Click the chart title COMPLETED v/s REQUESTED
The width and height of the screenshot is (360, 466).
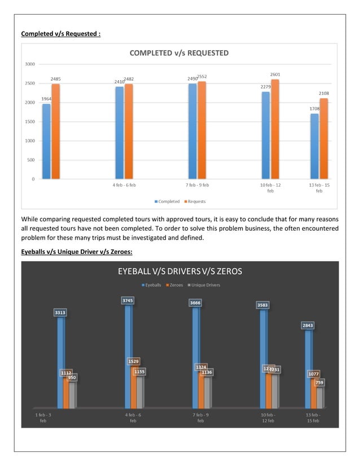tap(179, 53)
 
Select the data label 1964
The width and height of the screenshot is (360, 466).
tap(46, 99)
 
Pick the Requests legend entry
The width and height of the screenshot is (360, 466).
tap(195, 201)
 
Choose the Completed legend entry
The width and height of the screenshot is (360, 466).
tap(166, 201)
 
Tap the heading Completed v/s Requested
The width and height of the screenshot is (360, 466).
tap(60, 34)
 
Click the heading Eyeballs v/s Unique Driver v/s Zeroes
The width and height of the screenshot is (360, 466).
tap(76, 252)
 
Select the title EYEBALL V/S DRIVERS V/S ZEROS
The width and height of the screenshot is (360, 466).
tap(179, 271)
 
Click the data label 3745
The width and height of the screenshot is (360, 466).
tap(128, 301)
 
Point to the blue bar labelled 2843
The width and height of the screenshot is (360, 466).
tap(308, 369)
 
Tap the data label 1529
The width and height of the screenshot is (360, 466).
tap(134, 361)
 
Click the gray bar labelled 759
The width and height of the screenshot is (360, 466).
tap(320, 397)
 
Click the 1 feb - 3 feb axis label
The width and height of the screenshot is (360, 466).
tap(43, 417)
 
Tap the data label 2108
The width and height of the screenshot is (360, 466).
tap(323, 94)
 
